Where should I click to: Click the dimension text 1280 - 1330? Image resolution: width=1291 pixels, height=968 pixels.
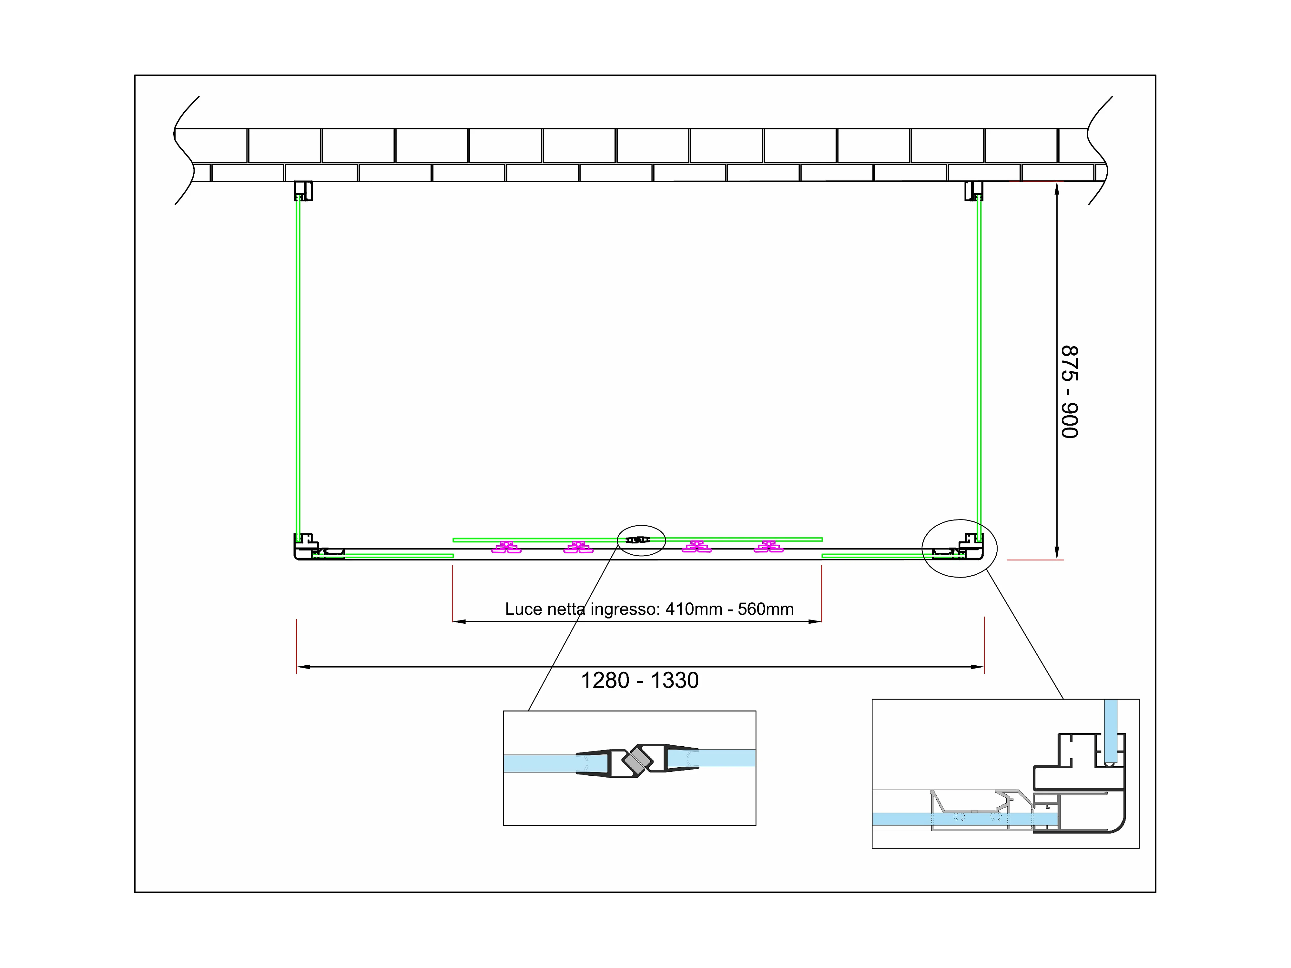(x=640, y=680)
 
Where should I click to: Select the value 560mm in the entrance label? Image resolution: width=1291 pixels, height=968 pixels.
(x=766, y=609)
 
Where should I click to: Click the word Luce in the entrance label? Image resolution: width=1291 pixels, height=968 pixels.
(x=523, y=609)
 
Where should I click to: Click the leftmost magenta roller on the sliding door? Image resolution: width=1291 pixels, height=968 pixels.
(x=506, y=547)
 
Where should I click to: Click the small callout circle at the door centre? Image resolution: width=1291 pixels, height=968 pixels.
(x=641, y=540)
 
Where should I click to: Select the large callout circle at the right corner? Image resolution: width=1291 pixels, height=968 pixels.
(x=960, y=549)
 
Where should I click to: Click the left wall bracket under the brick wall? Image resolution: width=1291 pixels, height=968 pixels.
(x=303, y=191)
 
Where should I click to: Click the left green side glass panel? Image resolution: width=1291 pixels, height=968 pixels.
(x=298, y=368)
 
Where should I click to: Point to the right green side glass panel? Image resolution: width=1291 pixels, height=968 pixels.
(x=979, y=368)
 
